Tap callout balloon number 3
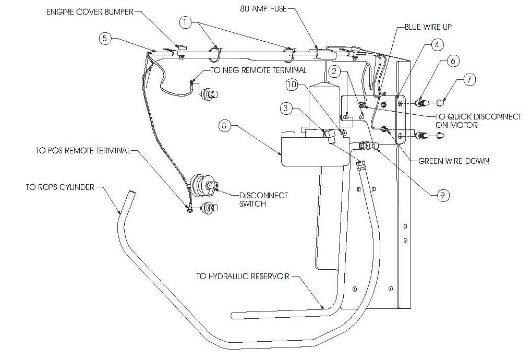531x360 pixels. point(285,109)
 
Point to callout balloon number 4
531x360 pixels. point(438,45)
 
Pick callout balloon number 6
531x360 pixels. point(452,61)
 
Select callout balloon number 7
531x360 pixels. point(469,80)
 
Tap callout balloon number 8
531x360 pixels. point(223,125)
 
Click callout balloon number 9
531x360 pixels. point(441,195)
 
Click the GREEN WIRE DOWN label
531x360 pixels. point(454,161)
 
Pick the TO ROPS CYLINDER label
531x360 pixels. point(59,187)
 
